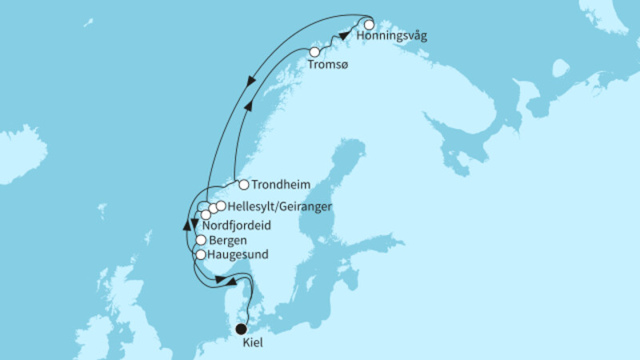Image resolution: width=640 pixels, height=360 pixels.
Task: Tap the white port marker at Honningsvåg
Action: point(370,24)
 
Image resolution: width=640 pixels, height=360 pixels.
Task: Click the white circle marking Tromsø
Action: point(314,53)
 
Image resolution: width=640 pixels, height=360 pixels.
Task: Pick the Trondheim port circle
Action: point(244,184)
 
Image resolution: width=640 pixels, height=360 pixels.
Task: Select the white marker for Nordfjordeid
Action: point(206,214)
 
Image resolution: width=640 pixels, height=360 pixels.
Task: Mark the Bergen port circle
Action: point(201,240)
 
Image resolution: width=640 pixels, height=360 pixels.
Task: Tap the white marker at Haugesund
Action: point(201,255)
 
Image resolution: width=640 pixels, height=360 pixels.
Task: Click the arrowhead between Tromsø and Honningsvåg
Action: point(343,35)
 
